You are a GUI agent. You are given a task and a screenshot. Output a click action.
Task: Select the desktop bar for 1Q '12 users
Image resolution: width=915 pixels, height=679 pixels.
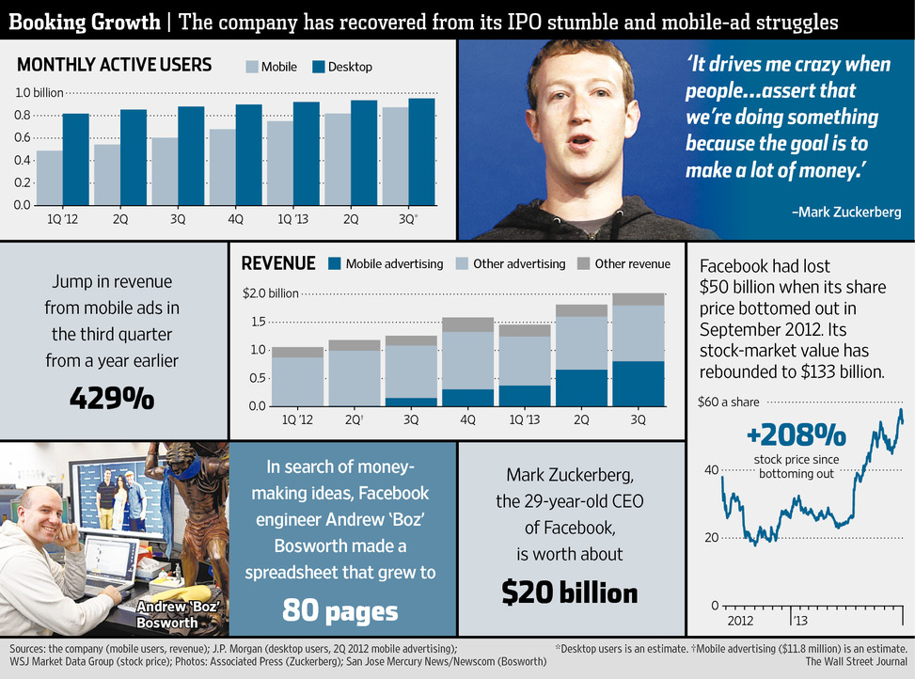coord(76,159)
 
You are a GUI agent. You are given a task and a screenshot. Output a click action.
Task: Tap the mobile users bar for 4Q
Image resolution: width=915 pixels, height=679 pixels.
coord(223,166)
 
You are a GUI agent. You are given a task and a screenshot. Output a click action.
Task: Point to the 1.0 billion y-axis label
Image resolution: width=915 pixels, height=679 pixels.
coord(38,93)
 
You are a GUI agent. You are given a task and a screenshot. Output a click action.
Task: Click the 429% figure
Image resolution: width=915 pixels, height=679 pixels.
coord(112,399)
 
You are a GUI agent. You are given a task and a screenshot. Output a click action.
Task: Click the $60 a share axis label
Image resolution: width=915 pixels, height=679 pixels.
coord(728,403)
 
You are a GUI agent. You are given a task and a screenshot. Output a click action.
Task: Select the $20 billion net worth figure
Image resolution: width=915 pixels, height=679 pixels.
coord(570,592)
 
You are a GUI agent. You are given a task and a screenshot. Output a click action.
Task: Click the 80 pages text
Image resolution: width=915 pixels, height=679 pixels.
coord(340,611)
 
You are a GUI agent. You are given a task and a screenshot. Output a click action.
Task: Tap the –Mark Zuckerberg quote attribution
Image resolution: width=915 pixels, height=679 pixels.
coord(846,213)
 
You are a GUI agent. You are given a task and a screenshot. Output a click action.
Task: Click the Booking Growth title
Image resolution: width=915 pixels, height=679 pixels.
coord(83,21)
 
